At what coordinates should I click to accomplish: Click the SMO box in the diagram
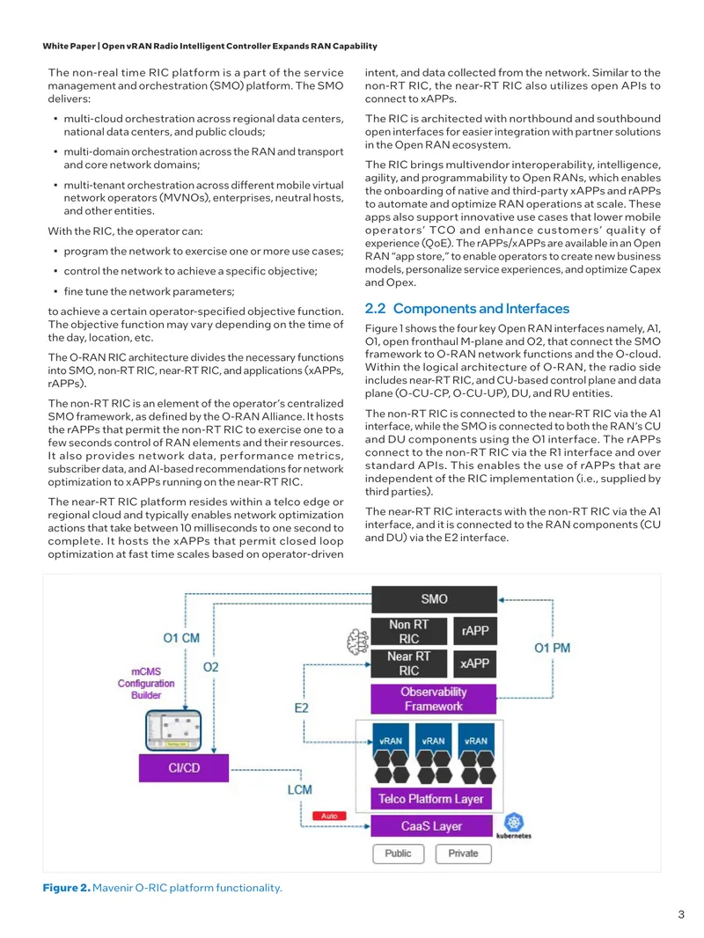coord(434,599)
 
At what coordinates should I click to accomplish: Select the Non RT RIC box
coord(408,632)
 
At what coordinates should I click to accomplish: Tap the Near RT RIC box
coord(408,663)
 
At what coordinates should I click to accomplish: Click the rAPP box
coord(475,631)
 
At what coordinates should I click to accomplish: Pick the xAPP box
coord(475,663)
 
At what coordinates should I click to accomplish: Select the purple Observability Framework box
coord(434,700)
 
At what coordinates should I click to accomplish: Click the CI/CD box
coord(184,768)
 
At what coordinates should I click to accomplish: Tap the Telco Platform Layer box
coord(430,799)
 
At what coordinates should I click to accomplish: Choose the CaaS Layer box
coord(431,826)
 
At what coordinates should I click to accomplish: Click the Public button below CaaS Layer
coord(399,854)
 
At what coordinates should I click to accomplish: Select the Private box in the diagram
coord(464,854)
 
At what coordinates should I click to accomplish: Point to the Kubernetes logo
coord(514,825)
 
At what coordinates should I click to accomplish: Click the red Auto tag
coord(329,816)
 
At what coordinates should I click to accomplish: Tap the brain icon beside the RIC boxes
coord(358,641)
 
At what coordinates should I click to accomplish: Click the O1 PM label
coord(552,648)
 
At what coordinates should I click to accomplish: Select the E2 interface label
coord(302,708)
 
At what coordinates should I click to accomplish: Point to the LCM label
coord(300,789)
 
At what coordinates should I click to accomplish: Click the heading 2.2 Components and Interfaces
coord(467,309)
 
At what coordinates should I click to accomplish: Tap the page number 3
coord(681,914)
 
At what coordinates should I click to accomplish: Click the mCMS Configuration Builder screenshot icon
coord(173,729)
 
